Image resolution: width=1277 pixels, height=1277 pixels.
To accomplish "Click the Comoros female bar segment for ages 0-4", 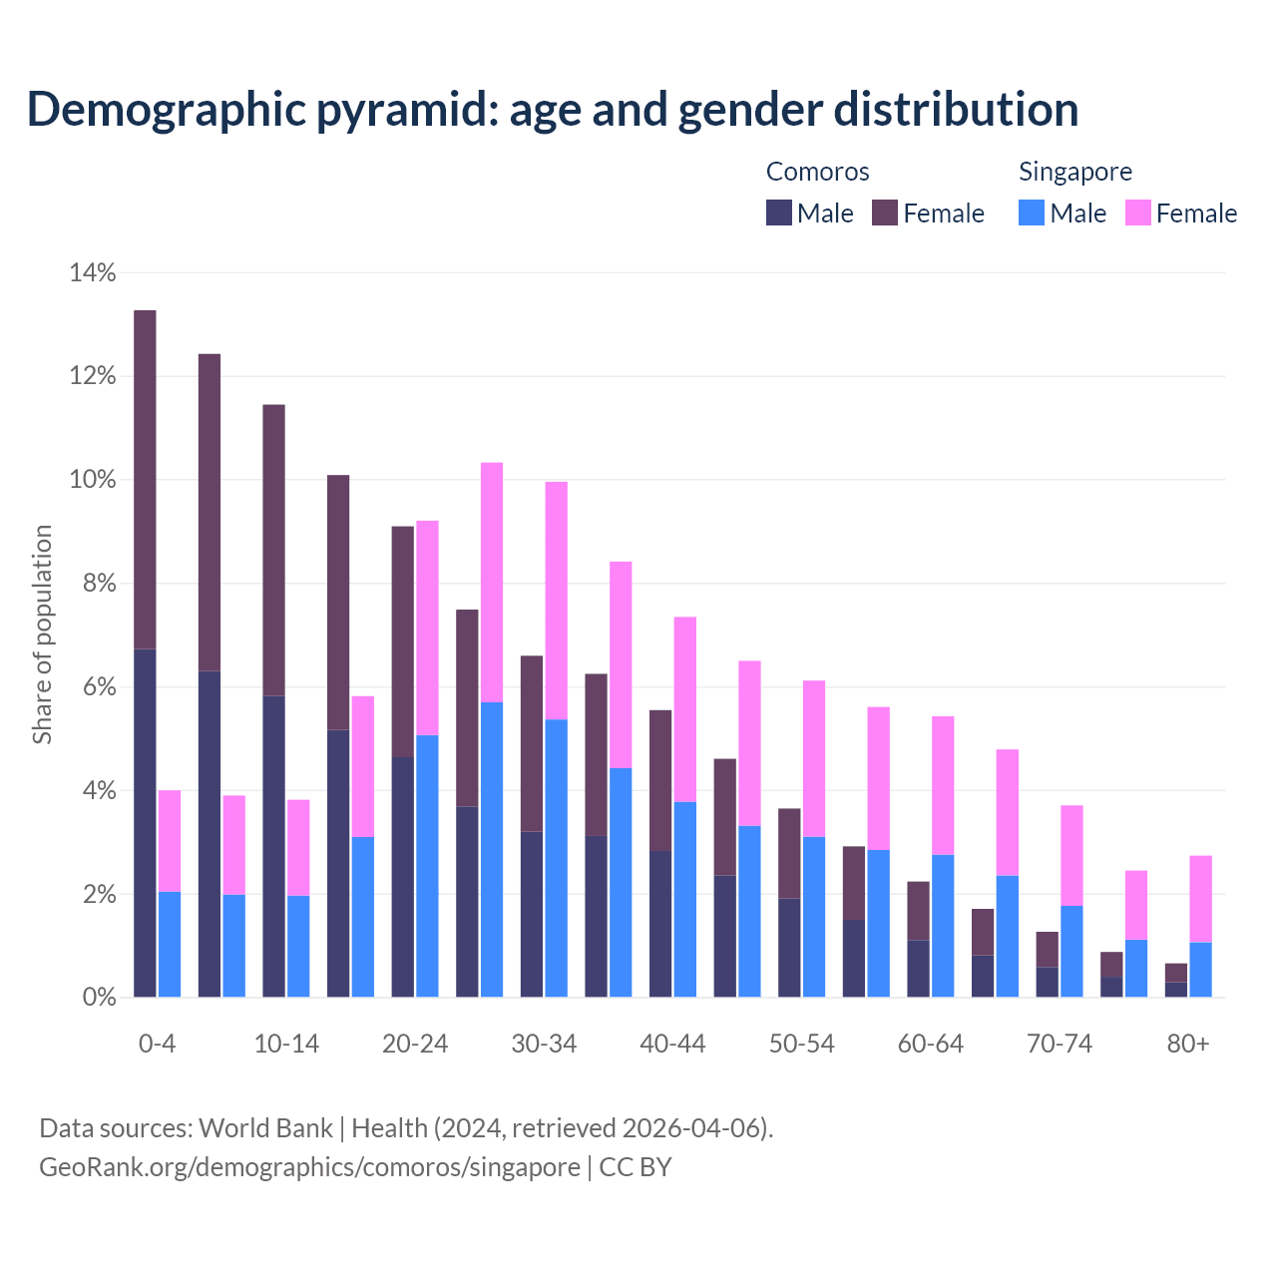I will click(x=145, y=479).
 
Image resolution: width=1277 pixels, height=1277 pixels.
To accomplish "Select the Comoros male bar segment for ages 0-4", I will click(x=145, y=823).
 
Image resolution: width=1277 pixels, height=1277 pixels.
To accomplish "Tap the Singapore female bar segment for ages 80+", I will click(x=1200, y=898).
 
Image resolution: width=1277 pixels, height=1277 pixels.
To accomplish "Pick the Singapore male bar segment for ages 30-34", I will click(x=557, y=858).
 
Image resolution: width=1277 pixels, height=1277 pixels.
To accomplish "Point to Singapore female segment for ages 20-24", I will click(x=427, y=628).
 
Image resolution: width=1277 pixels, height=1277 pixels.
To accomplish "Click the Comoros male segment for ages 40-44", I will click(x=660, y=924).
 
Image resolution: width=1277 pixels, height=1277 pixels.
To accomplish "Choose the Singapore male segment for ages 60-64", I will click(x=943, y=926).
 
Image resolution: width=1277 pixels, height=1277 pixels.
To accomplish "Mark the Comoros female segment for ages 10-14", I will click(x=273, y=550).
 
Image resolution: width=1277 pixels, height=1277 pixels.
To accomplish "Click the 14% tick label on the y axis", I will click(x=93, y=272).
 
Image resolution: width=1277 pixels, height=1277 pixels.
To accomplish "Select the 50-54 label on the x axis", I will click(x=801, y=1044).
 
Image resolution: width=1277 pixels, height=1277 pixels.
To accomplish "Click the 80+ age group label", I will click(x=1188, y=1044).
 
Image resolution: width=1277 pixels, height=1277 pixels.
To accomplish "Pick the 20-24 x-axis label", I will click(x=415, y=1044).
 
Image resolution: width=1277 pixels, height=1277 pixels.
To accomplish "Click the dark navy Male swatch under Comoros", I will click(x=779, y=213).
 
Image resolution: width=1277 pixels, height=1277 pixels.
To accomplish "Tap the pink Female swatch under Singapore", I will click(x=1138, y=213).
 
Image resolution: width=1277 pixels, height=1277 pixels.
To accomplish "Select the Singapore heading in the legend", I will click(x=1074, y=172).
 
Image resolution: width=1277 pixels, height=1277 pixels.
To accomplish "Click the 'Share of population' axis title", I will click(x=42, y=635).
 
